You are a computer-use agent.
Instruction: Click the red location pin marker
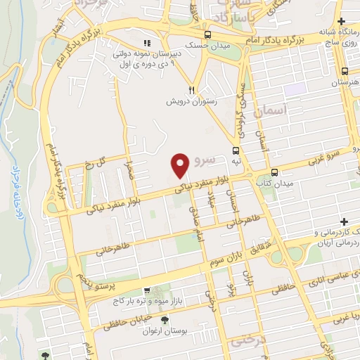coord(181,165)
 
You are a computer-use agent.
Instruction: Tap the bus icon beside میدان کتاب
coord(274,172)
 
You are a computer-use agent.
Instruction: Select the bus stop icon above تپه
coord(236,150)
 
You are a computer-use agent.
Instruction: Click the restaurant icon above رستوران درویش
coord(191,90)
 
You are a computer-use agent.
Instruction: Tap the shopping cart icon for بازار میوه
coord(146,290)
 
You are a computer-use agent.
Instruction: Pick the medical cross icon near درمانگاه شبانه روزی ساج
coord(341,22)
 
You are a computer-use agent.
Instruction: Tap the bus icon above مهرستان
coord(345,72)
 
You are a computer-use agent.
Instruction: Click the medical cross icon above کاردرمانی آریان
coord(345,221)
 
